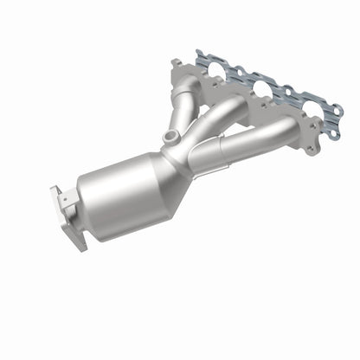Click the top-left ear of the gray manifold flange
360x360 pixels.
tap(177, 64)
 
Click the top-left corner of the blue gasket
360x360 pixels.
tap(199, 54)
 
